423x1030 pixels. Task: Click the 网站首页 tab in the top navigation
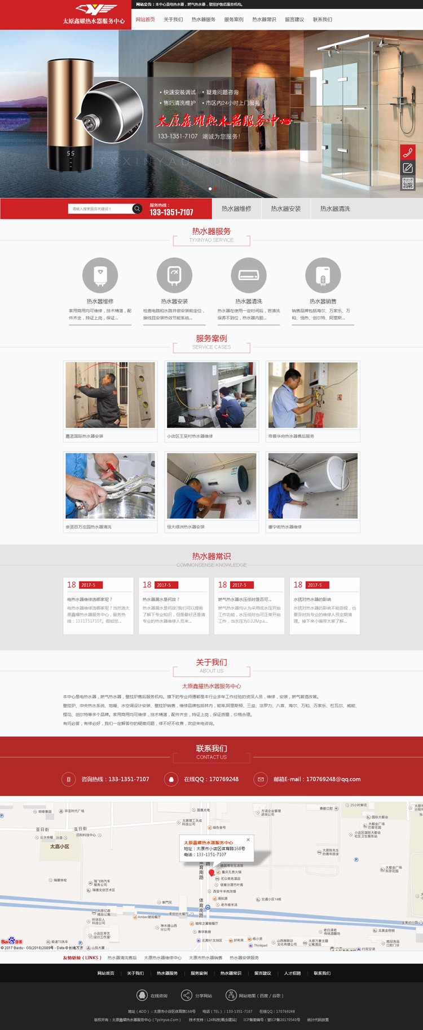145,20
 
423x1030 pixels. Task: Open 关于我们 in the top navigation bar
173,20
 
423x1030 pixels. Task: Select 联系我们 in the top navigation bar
323,20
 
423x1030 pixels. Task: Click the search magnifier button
136,209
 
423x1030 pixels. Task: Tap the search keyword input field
100,209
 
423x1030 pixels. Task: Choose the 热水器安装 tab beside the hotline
285,209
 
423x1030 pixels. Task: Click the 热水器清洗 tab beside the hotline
335,209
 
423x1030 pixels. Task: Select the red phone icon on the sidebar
408,152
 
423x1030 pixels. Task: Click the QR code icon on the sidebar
408,183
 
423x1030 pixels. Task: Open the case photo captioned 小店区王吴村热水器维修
211,395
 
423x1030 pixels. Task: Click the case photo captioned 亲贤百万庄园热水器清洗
110,486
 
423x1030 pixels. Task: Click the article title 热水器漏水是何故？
161,599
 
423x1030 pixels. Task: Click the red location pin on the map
211,873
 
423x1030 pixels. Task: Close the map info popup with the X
248,839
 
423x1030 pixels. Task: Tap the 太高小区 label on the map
59,846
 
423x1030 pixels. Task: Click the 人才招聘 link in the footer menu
292,973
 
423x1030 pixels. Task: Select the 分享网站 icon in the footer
186,995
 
